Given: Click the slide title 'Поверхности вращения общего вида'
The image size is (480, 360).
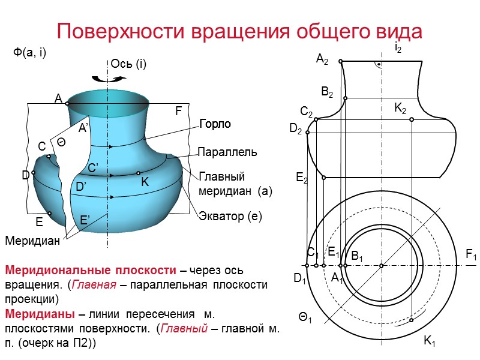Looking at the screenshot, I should click(239, 31).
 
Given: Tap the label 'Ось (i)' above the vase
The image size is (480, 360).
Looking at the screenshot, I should click(129, 64).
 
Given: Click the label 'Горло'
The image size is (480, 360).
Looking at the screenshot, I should click(215, 124).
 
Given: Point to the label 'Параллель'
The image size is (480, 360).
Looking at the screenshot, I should click(227, 152).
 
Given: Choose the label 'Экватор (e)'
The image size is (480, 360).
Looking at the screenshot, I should click(231, 217).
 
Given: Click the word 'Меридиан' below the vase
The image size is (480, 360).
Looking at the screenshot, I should click(33, 241).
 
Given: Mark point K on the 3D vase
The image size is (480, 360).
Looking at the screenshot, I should click(139, 173).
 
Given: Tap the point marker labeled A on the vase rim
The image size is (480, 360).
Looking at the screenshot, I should click(67, 104).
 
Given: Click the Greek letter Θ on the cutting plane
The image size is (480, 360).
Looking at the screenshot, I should click(61, 141).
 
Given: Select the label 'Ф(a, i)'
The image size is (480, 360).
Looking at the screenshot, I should click(30, 53).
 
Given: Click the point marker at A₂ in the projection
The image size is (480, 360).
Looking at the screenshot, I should click(340, 61).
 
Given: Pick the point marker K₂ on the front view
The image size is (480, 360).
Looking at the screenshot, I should click(412, 119).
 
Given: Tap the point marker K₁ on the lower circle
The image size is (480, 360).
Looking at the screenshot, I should click(412, 320).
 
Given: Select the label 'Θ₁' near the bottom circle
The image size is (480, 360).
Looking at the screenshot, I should click(305, 316).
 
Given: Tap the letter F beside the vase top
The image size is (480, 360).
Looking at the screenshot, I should click(178, 111).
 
